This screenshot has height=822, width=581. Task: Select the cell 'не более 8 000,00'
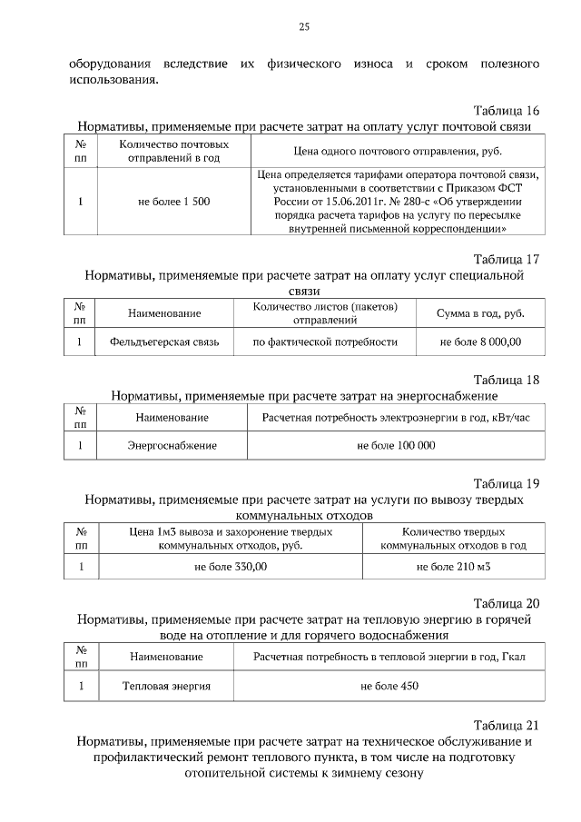[x=480, y=342]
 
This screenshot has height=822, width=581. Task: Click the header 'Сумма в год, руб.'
[x=480, y=313]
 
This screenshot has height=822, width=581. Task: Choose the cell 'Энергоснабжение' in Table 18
[x=172, y=445]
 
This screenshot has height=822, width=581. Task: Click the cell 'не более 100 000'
[x=396, y=445]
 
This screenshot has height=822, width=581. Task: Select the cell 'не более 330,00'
[x=231, y=566]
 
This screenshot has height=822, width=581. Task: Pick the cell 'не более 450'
[x=389, y=686]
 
